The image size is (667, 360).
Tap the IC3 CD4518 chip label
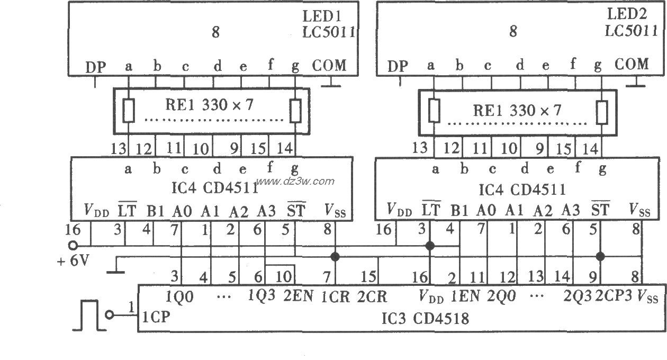[x=425, y=319]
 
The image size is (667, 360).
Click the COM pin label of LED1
[x=328, y=66]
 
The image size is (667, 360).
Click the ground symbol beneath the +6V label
[x=115, y=272]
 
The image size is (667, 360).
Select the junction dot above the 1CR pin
[x=335, y=257]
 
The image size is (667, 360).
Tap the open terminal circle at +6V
[x=73, y=245]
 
